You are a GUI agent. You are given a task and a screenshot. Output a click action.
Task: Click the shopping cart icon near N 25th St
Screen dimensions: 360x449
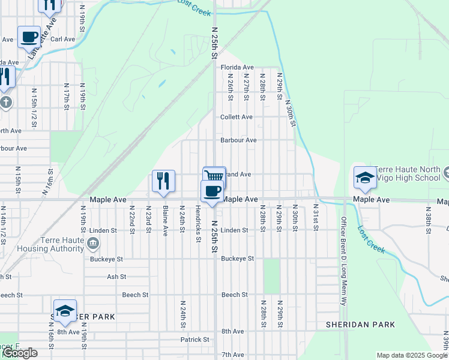(214, 175)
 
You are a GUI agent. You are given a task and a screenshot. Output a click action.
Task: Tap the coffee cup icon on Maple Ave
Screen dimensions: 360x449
(212, 191)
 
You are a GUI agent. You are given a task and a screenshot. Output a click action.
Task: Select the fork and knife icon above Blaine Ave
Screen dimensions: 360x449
(163, 180)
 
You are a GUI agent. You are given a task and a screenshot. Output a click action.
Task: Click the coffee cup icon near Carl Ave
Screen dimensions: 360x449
(29, 37)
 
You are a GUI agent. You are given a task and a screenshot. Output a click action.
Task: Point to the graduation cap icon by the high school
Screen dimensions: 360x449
(364, 177)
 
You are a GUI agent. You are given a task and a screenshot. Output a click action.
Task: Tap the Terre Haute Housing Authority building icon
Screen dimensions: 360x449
(93, 243)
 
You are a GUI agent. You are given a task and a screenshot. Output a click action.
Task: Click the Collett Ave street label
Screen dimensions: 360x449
(237, 117)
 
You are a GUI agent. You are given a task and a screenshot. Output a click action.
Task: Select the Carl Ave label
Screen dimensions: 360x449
(62, 39)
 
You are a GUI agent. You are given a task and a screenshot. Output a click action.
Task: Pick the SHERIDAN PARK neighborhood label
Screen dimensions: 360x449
(360, 325)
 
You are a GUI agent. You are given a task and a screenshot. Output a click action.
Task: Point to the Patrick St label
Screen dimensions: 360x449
(194, 340)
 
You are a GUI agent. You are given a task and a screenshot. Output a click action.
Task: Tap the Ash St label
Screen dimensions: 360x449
(116, 277)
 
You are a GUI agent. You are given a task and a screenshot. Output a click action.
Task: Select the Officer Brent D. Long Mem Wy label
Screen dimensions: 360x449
(344, 262)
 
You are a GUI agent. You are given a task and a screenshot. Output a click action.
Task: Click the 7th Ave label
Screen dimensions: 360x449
(232, 355)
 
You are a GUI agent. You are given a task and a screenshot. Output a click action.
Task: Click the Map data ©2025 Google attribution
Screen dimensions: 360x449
(412, 355)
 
